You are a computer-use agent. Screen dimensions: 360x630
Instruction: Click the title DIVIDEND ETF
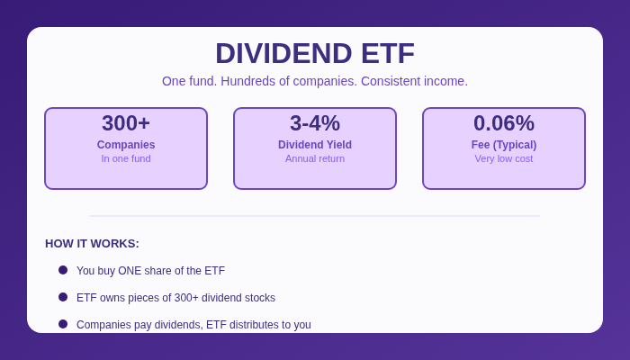coord(315,53)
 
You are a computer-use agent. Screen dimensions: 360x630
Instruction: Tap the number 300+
coord(126,123)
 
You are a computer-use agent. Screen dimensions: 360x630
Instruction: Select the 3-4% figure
coord(315,123)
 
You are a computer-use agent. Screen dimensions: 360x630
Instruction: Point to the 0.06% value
coord(504,123)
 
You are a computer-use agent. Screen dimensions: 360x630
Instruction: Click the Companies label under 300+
coord(126,145)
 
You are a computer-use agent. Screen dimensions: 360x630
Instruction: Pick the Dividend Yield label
coord(315,145)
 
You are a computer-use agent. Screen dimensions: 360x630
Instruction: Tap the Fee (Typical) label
coord(504,145)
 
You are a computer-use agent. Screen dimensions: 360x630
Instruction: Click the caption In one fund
coord(126,158)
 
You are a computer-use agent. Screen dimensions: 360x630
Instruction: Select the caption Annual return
coord(315,158)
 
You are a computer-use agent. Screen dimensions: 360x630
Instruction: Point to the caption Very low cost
coord(504,158)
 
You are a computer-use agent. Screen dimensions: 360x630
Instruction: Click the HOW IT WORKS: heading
coord(92,244)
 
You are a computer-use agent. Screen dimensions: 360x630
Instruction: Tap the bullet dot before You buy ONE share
coord(63,270)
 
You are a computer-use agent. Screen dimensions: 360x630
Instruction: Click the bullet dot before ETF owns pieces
coord(63,297)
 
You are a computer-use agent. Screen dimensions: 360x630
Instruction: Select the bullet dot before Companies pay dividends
coord(63,324)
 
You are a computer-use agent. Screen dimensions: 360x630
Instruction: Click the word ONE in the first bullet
coord(130,271)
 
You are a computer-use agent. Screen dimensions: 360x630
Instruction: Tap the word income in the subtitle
coord(447,81)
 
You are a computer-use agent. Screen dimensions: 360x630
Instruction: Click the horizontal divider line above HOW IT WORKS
coord(315,216)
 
